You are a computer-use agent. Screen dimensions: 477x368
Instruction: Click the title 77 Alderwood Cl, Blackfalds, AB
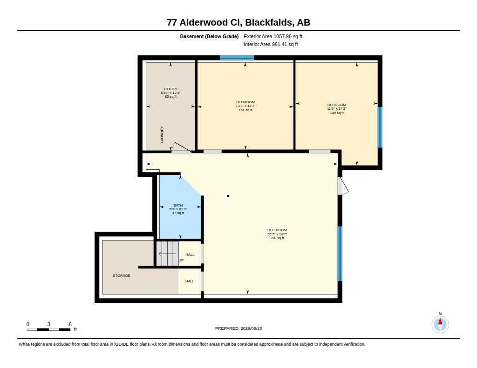238,22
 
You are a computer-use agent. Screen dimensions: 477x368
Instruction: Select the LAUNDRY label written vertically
162,134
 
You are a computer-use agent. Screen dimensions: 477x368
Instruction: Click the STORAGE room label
122,275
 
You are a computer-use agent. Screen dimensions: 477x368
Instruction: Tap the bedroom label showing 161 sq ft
245,106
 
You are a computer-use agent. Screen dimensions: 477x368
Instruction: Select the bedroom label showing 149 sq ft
337,109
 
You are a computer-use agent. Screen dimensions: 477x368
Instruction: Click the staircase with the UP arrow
168,254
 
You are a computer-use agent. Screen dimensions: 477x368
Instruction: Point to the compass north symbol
440,324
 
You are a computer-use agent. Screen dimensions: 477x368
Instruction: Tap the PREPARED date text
238,328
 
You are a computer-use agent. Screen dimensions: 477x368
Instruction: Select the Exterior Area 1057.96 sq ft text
273,36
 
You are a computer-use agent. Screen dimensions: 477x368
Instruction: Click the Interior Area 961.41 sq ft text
271,44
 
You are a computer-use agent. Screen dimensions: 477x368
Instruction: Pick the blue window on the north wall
237,58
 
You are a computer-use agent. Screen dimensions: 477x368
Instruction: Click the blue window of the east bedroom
380,127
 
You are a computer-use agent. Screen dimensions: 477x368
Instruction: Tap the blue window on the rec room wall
340,254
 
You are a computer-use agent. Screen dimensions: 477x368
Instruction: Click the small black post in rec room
228,196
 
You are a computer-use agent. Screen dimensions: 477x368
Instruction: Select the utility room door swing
181,147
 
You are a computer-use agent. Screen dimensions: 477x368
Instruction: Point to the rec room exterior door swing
343,186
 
